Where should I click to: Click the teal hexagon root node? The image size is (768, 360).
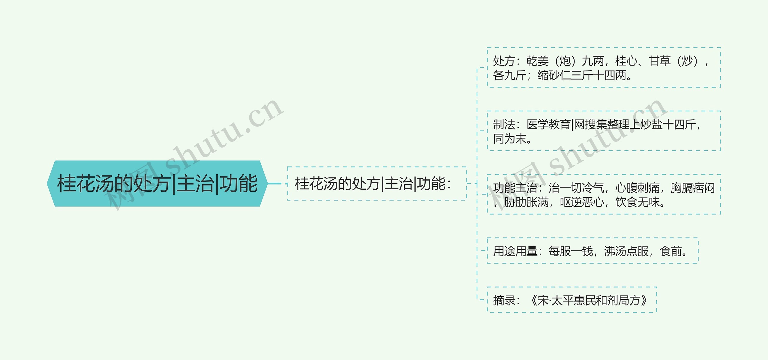coord(157,184)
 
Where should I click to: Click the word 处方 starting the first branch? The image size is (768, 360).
coord(504,61)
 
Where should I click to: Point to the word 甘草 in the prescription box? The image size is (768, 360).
coord(659,61)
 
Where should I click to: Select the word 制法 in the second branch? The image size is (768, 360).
coord(504,124)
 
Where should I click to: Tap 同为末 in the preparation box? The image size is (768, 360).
coord(510,139)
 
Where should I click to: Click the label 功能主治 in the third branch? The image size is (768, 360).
coord(515,188)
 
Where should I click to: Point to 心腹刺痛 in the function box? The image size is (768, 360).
coord(637,188)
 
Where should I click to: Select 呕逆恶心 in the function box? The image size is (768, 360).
coord(582,202)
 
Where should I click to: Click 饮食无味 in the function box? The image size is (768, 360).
coord(637,202)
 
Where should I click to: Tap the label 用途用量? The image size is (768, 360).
coord(515,251)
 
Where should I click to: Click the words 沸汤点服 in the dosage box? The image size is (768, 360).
coord(626,251)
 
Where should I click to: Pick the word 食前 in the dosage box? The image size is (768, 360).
coord(671,251)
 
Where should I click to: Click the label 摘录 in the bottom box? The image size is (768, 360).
coord(504,300)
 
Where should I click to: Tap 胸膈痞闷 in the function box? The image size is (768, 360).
coord(693,188)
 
